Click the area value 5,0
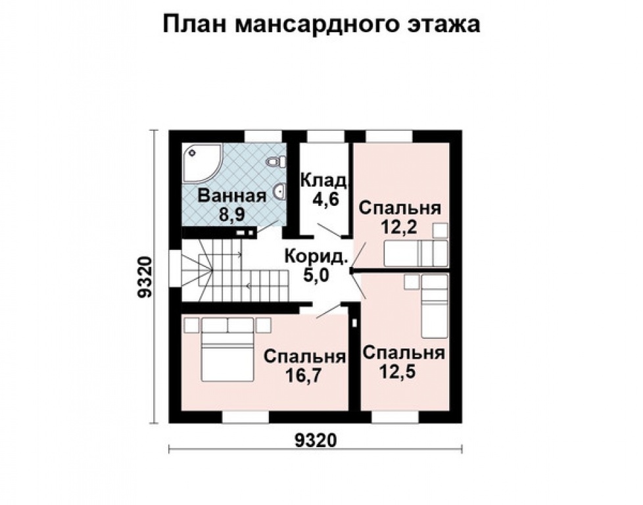tap(316, 274)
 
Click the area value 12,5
tap(403, 372)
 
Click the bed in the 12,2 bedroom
tap(416, 254)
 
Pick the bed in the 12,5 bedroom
tap(434, 306)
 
